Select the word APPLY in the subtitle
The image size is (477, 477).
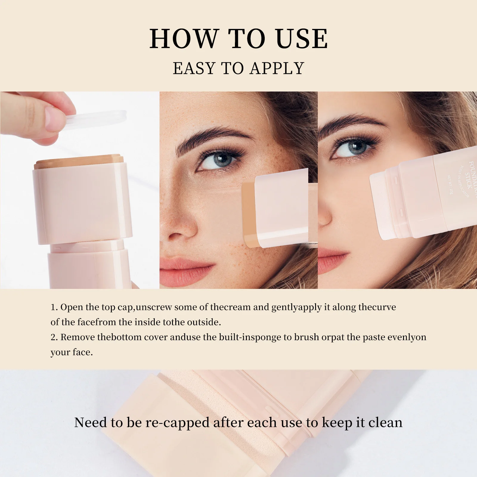277,68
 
